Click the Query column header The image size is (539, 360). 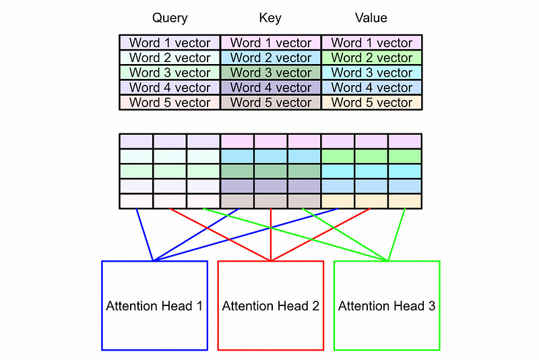point(170,18)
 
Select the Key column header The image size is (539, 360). point(271,18)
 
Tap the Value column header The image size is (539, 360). point(371,18)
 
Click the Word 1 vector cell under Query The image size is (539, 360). point(170,43)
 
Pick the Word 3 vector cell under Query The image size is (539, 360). point(170,73)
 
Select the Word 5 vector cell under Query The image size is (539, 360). point(170,102)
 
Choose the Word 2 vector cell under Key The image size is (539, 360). point(271,58)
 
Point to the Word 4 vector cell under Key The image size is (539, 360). point(271,88)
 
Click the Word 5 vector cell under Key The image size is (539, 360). point(271,102)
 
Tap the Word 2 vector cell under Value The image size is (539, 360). point(372,58)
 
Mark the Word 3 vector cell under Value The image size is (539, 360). point(372,73)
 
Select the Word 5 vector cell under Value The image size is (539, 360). point(372,102)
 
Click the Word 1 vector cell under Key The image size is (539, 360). point(271,43)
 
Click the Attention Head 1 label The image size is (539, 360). point(154,306)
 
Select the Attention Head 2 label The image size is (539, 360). point(271,306)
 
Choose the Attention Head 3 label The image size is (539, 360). point(387,306)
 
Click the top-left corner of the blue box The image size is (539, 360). point(102,262)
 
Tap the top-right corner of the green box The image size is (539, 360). point(439,262)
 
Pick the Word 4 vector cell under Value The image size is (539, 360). point(372,88)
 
